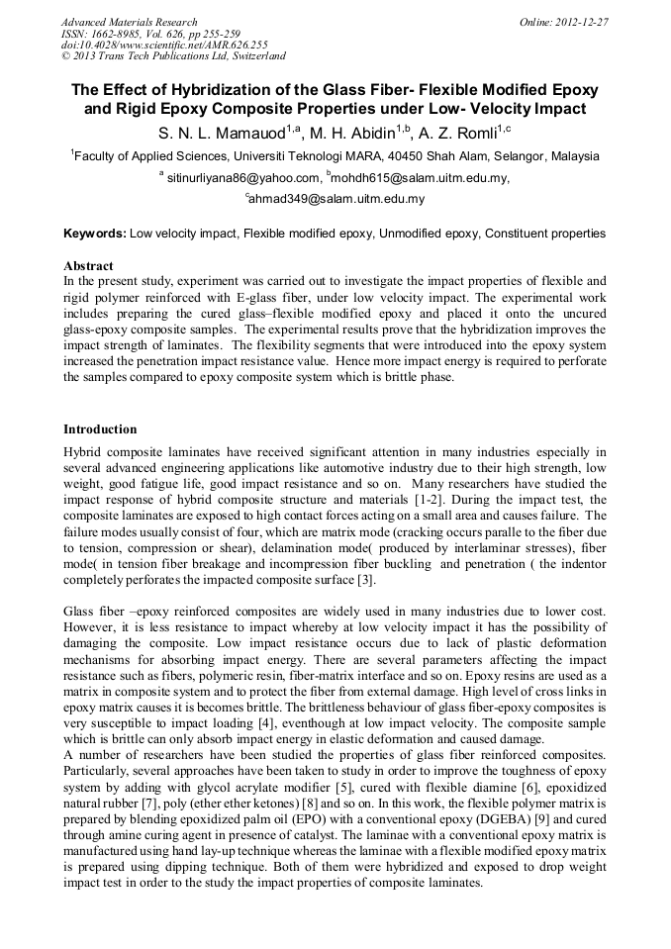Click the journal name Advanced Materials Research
tap(129, 22)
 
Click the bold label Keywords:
tap(95, 234)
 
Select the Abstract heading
tap(88, 266)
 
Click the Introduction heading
tap(100, 429)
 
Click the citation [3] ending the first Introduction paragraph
tap(366, 579)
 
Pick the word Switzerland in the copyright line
tap(255, 56)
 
